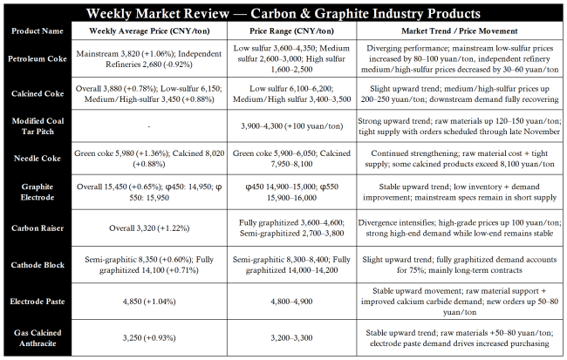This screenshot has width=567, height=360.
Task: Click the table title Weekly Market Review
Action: click(x=283, y=14)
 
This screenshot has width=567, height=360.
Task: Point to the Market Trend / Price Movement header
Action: click(x=461, y=31)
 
